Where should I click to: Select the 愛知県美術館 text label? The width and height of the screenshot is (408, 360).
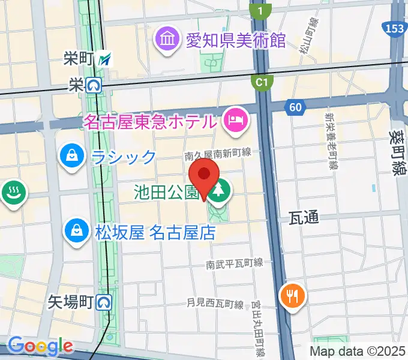click(235, 40)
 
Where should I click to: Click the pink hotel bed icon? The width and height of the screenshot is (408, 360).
click(233, 120)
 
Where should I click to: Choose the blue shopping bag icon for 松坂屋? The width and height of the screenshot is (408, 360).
click(77, 231)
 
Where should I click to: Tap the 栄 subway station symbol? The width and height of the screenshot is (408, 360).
click(93, 86)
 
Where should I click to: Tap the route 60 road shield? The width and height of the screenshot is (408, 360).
click(295, 107)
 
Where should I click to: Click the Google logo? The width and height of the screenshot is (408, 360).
click(40, 346)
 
